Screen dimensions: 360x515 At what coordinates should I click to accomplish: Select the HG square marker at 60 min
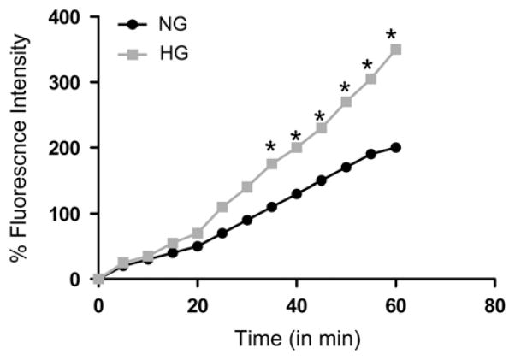point(395,50)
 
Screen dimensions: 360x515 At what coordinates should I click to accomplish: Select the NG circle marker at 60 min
point(395,148)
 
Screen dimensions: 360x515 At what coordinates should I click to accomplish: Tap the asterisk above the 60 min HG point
point(392,35)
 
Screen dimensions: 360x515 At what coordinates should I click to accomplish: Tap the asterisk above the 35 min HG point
point(271,147)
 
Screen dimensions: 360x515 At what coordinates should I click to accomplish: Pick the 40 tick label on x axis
point(296,305)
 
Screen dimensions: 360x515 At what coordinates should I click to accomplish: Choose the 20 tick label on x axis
point(198,305)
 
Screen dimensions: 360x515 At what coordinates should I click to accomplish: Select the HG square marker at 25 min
point(222,207)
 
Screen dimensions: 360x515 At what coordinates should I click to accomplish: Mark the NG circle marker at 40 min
point(296,194)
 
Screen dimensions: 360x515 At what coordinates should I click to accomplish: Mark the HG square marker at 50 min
point(346,102)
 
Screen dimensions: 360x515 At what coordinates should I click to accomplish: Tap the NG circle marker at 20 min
point(198,246)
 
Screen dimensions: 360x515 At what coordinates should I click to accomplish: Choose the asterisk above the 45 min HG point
point(320,117)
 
